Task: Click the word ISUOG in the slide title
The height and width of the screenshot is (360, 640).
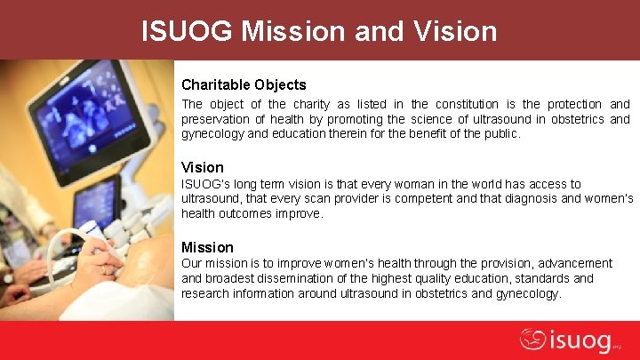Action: (188, 31)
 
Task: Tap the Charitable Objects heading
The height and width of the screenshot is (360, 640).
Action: (244, 85)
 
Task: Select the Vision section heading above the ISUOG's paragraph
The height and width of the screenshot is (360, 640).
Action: (202, 167)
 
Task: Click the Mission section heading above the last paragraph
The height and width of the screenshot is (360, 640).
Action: (207, 247)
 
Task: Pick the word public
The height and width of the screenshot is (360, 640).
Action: (502, 134)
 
